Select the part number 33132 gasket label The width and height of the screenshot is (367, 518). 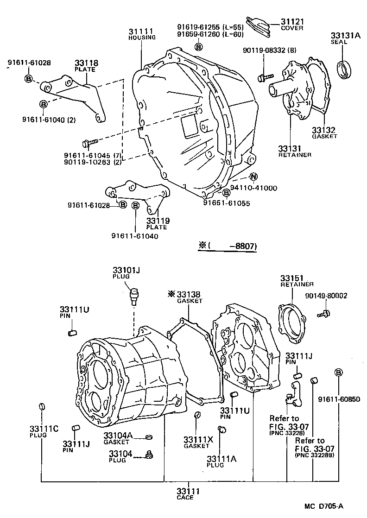click(x=324, y=130)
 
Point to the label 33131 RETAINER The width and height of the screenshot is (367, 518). click(x=294, y=151)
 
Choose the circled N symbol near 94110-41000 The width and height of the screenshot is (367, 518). click(x=253, y=177)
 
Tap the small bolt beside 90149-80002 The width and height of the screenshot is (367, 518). click(x=323, y=314)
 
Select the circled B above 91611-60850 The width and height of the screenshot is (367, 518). click(x=338, y=373)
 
